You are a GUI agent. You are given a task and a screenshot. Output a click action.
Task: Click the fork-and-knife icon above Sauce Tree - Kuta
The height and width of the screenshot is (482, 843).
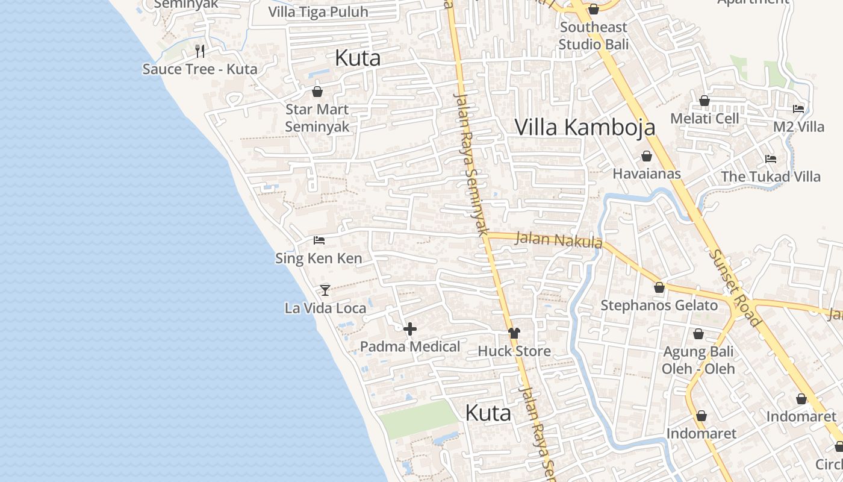click(x=200, y=51)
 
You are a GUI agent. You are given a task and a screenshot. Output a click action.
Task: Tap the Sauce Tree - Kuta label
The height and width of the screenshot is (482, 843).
click(x=200, y=69)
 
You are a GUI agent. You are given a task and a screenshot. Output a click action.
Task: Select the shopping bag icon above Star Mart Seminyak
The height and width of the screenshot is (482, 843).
click(x=317, y=92)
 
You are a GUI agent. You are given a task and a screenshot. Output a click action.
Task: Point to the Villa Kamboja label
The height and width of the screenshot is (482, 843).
click(x=585, y=127)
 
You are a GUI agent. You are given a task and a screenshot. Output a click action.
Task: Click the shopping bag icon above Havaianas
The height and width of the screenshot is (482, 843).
click(x=647, y=157)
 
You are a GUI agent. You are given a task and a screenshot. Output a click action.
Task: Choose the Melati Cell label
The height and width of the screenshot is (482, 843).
click(x=705, y=119)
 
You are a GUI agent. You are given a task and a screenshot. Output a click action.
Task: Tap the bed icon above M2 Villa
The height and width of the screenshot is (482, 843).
click(x=798, y=109)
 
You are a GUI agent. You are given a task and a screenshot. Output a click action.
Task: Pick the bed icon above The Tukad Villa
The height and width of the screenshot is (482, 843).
click(x=770, y=159)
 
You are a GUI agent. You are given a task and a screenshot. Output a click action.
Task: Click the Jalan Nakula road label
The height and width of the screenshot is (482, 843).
click(x=559, y=239)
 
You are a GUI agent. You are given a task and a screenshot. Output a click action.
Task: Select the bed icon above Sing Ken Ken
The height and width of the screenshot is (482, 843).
click(x=319, y=240)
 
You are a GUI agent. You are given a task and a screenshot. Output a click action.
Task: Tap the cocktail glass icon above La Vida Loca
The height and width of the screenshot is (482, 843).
click(x=325, y=290)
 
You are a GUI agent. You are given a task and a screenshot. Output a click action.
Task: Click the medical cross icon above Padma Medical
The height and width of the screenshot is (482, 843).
click(x=410, y=329)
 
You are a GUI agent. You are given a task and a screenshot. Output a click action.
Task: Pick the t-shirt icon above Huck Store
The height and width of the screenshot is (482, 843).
click(x=514, y=333)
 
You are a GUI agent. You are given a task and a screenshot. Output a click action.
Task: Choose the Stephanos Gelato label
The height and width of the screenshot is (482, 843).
click(x=659, y=305)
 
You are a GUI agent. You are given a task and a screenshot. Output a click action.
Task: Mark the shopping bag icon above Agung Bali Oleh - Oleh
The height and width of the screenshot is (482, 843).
click(x=698, y=334)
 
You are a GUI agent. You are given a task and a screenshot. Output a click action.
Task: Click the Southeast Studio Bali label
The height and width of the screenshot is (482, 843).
click(x=593, y=36)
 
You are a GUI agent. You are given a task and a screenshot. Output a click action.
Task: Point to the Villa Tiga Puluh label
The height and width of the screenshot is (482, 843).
click(x=318, y=12)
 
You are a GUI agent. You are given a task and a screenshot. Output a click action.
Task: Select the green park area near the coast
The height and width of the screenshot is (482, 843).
click(x=419, y=419)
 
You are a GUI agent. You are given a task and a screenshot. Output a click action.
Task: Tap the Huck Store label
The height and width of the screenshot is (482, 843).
click(x=514, y=351)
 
